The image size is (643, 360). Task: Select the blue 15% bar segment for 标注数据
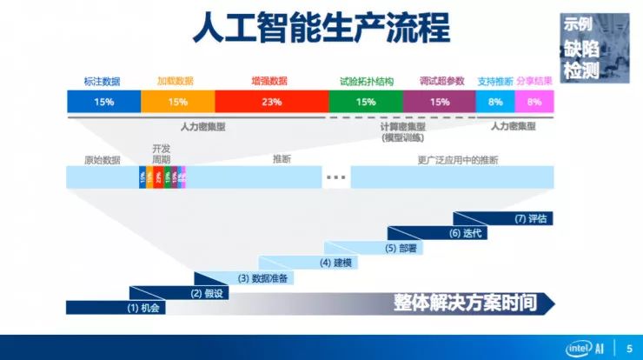pos(103,102)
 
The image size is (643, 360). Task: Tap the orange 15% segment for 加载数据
pos(177,102)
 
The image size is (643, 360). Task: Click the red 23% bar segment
pos(271,102)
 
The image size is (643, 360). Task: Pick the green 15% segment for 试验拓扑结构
pos(366,102)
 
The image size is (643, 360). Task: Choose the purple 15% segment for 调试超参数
pos(439,102)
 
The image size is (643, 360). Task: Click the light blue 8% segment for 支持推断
pos(495,102)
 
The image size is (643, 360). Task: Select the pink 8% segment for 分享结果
pos(534,102)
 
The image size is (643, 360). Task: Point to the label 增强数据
pos(269,81)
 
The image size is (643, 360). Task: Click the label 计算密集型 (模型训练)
pos(402,131)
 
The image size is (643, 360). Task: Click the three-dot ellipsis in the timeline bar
pos(336,177)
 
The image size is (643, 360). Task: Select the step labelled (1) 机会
pos(144,308)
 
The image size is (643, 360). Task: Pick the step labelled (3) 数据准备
pos(264,278)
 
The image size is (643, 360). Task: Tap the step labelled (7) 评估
pos(530,218)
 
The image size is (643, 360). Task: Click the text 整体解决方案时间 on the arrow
pos(463,303)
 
